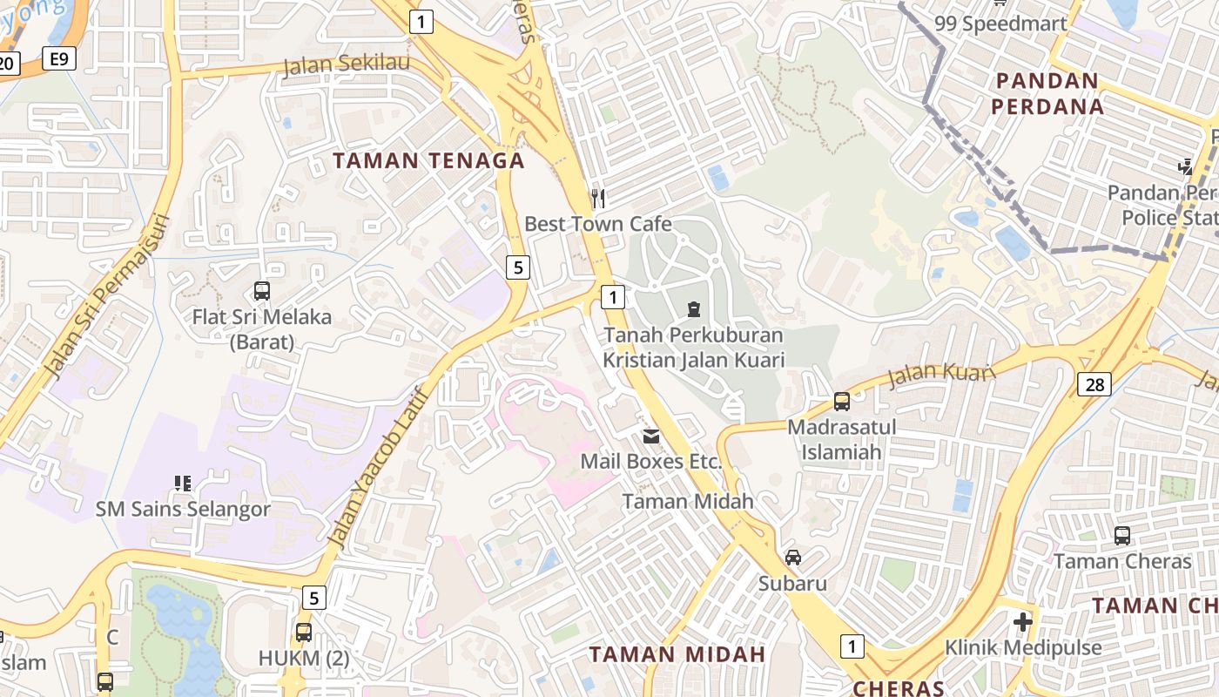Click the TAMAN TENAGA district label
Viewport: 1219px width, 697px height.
(x=429, y=160)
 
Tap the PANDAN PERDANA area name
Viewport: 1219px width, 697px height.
(x=1049, y=94)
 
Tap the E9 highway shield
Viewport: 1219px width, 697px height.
(x=59, y=58)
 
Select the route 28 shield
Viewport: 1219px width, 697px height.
(x=1094, y=383)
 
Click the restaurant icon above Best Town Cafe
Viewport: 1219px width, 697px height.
(x=597, y=198)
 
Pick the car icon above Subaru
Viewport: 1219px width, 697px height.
(x=792, y=557)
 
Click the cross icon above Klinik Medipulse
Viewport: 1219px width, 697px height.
(x=1023, y=622)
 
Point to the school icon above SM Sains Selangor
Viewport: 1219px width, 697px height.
(x=183, y=483)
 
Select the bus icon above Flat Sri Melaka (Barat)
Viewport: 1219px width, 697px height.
(x=262, y=290)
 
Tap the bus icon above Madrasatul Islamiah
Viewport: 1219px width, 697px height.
(x=841, y=401)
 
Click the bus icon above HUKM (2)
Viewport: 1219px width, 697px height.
(x=303, y=633)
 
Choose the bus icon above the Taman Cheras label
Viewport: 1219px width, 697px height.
(x=1122, y=535)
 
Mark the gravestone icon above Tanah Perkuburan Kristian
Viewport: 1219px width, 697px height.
(x=694, y=308)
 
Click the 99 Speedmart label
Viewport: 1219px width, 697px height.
(x=1000, y=24)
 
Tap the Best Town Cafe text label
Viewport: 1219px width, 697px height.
(x=597, y=224)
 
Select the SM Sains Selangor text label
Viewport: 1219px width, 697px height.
(x=183, y=509)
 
